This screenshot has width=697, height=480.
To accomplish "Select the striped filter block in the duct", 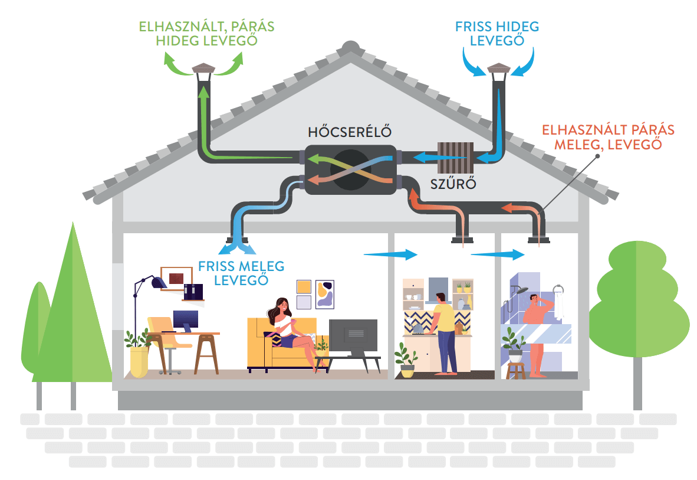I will pos(452,158).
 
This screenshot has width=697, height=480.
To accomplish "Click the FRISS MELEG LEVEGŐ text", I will pos(241,272).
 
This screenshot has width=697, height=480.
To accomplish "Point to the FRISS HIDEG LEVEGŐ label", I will pos(497,34).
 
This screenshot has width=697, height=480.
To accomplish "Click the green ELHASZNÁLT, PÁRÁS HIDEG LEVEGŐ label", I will pos(206,34).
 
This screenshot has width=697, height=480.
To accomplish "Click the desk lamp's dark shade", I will pos(158,283).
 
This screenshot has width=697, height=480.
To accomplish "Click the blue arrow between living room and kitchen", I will pos(390,254).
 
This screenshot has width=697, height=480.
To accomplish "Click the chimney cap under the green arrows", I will pos(204,70).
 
